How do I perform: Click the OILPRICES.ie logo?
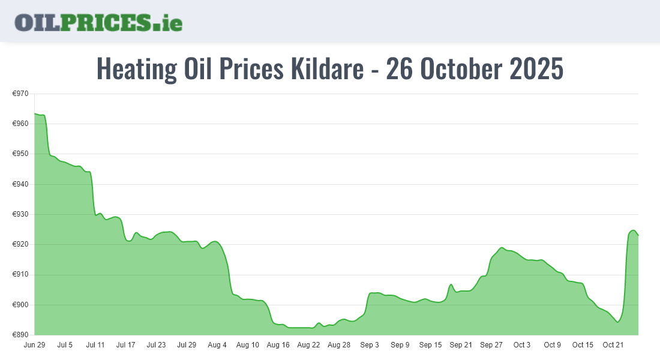[x=98, y=22]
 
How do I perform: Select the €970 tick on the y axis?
[x=21, y=94]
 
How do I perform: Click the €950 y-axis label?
[x=21, y=154]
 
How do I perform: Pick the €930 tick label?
[x=21, y=214]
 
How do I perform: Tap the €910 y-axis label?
[x=21, y=275]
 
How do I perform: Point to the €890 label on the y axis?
[x=21, y=335]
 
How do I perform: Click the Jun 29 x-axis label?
[x=34, y=345]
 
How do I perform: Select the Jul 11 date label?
[x=95, y=345]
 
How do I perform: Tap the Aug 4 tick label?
[x=217, y=345]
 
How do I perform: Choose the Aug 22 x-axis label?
[x=308, y=345]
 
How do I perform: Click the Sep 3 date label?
[x=370, y=345]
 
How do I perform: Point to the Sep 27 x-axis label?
[x=491, y=345]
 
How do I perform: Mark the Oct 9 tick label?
[x=553, y=345]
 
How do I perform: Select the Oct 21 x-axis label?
[x=613, y=345]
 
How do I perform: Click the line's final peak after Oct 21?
[x=633, y=230]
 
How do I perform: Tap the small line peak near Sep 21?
[x=451, y=284]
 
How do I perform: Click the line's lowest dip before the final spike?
[x=617, y=322]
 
